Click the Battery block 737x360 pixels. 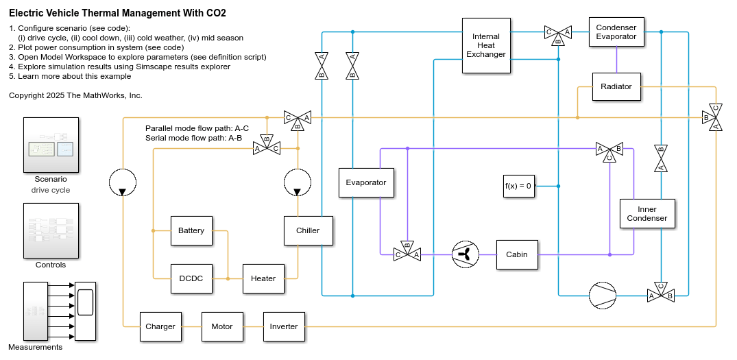[191, 230]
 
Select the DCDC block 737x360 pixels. [191, 278]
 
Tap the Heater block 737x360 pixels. [263, 278]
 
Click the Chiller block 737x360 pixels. [308, 230]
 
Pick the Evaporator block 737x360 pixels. [366, 182]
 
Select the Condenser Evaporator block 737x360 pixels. [616, 32]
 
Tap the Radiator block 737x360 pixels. [616, 86]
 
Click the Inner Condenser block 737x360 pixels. [647, 214]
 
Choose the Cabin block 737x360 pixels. [517, 254]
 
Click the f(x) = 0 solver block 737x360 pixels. [518, 186]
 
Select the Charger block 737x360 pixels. [160, 326]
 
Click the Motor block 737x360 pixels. [222, 326]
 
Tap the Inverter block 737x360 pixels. [284, 326]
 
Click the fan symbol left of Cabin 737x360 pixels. [466, 254]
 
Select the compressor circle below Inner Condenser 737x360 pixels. [603, 296]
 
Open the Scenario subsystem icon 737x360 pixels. [51, 145]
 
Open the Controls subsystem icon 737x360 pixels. [51, 230]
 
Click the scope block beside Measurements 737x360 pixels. [86, 311]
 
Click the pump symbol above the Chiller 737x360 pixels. [298, 182]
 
